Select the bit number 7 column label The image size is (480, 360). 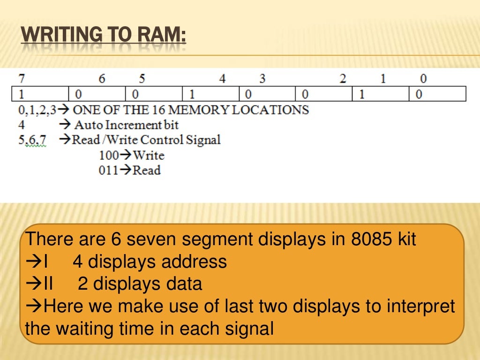21,78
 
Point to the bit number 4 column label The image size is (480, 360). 223,78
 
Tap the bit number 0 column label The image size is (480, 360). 424,78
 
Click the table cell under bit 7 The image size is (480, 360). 40,94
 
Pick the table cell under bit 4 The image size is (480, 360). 210,94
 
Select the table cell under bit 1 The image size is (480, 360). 381,94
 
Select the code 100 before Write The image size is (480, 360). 108,155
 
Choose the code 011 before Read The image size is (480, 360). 108,170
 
